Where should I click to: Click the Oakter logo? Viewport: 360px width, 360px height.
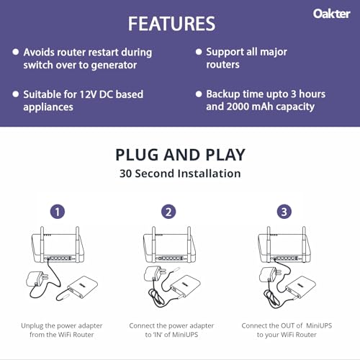[x=332, y=13]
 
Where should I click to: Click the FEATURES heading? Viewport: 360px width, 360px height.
[x=171, y=23]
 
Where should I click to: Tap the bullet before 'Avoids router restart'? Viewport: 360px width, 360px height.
[x=15, y=53]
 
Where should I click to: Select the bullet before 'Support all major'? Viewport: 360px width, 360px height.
[x=198, y=53]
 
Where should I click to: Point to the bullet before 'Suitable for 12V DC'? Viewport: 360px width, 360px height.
[x=15, y=94]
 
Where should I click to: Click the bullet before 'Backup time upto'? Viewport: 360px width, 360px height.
[x=198, y=94]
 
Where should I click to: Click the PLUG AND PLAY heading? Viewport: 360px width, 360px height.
[x=180, y=154]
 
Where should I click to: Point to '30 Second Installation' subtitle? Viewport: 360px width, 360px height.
[x=180, y=174]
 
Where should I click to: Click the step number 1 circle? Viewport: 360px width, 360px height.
[x=58, y=212]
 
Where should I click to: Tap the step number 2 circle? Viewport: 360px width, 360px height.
[x=168, y=212]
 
